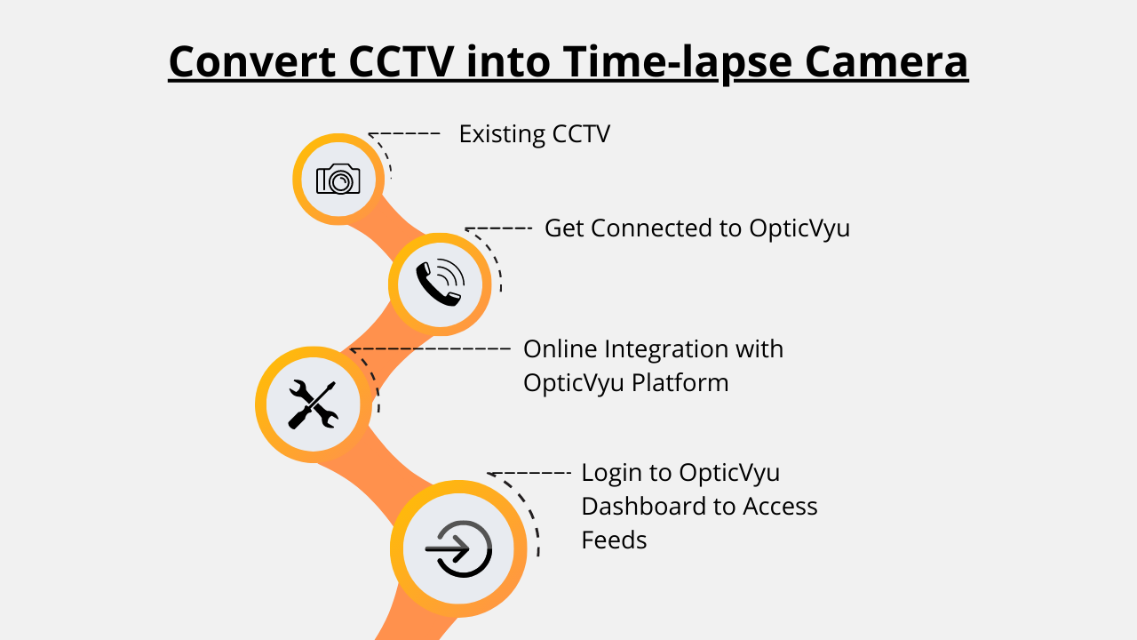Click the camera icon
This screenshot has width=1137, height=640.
pyautogui.click(x=338, y=179)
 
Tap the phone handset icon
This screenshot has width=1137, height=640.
pyautogui.click(x=439, y=284)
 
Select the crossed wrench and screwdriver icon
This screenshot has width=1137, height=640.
pyautogui.click(x=313, y=404)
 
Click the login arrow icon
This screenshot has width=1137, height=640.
pyautogui.click(x=458, y=548)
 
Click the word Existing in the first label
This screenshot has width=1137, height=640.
pyautogui.click(x=502, y=134)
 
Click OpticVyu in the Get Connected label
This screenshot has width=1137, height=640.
pyautogui.click(x=799, y=228)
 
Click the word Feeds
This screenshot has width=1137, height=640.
pyautogui.click(x=614, y=540)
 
